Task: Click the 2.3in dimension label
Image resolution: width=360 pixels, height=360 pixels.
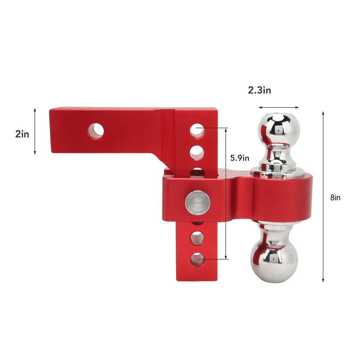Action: point(259,90)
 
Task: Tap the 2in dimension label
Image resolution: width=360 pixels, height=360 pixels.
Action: point(22,134)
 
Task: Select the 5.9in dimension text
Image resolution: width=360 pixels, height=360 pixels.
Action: point(240,158)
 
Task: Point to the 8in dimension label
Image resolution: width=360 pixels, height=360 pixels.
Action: point(335,197)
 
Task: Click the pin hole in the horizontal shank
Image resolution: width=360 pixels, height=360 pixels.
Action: point(96,131)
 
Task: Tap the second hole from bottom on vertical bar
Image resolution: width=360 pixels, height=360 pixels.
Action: point(197,238)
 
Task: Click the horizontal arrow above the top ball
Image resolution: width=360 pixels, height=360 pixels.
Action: point(279,107)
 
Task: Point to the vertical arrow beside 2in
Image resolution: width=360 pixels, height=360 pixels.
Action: point(35,131)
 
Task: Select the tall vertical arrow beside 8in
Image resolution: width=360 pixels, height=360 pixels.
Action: point(323,196)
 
